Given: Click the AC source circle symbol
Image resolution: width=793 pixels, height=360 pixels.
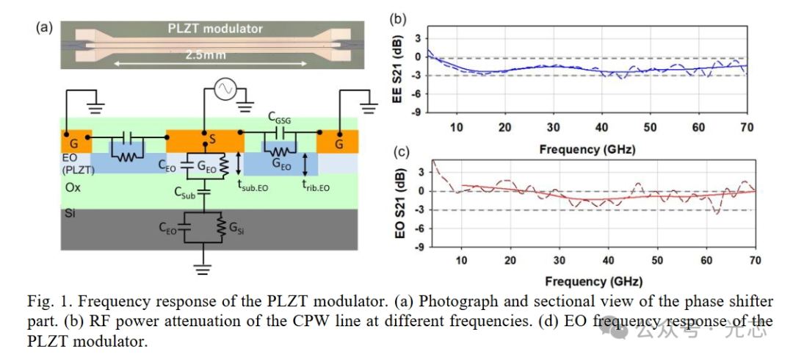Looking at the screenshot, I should pos(224,90).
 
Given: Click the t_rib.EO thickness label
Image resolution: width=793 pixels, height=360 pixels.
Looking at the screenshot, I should pos(316,187).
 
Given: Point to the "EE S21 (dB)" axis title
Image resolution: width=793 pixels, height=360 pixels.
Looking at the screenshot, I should pos(397,74).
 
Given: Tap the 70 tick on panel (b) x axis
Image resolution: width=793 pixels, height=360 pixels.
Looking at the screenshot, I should pos(746,127).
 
